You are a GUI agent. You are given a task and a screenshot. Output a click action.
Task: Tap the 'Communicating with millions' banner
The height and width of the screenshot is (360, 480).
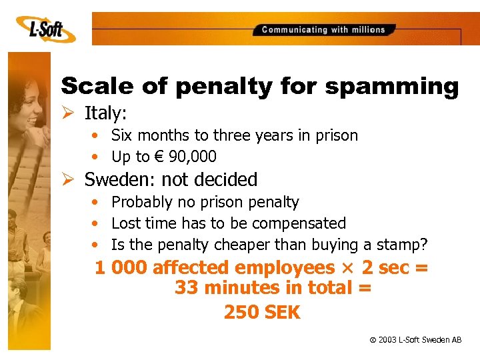pos(324,29)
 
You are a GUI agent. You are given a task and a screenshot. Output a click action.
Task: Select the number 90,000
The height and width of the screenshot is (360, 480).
pos(193,157)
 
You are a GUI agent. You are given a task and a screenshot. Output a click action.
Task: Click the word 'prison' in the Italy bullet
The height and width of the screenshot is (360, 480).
pos(335,135)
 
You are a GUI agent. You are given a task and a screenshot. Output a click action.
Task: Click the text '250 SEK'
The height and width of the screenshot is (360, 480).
pos(262,312)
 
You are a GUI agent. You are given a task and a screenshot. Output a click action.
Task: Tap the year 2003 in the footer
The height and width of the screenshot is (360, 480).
pos(387,340)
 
